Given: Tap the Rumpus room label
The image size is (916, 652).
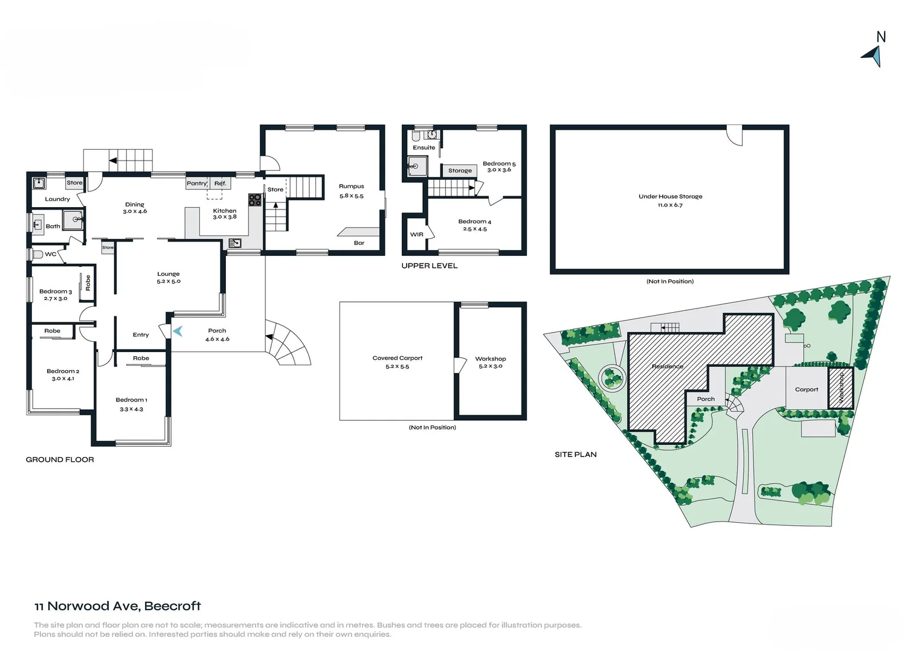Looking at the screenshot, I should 351,187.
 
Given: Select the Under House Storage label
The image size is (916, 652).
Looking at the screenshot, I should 670,196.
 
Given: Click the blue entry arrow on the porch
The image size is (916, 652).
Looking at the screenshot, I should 178,331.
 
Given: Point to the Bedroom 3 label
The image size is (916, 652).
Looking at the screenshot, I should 56,292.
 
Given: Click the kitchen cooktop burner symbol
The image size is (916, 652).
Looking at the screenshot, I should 255,200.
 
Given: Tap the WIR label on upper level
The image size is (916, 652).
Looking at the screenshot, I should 417,234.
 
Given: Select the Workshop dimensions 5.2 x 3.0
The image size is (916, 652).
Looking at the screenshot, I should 490,366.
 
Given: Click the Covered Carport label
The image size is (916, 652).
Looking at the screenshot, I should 397,358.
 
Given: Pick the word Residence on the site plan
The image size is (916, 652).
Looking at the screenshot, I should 667,366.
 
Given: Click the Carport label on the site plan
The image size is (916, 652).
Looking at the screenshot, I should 806,389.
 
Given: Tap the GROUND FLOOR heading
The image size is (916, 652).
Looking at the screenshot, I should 60,459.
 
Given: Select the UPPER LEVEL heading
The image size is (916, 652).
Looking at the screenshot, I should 429,266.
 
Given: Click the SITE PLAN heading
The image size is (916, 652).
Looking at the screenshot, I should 575,455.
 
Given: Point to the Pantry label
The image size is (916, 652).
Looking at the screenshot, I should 196,183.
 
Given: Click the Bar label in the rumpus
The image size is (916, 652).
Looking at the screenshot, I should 359,243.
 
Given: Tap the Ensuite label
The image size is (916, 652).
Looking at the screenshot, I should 424,147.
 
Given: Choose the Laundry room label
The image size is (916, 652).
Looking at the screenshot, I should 57,199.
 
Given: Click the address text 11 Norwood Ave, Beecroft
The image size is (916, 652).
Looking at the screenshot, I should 117,606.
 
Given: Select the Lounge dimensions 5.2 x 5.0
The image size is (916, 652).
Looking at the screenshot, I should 169,281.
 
